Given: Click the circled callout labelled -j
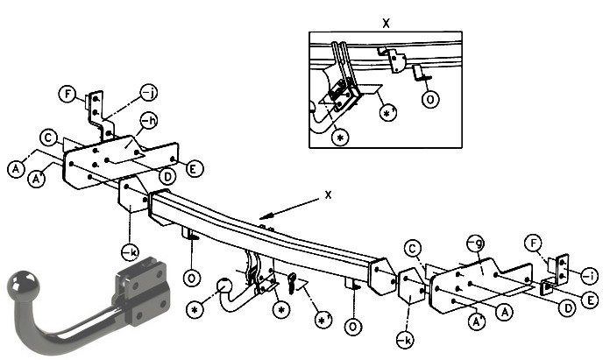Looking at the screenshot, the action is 149,93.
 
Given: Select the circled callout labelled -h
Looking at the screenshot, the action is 148,121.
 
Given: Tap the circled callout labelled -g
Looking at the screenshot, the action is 476,244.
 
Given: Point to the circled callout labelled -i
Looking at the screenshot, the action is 590,276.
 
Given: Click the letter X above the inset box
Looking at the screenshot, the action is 386,24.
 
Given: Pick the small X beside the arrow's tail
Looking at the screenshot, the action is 329,194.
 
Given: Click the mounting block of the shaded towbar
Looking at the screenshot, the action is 142,290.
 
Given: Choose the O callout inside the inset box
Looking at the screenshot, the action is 430,100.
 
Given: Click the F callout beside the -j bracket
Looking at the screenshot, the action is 68,94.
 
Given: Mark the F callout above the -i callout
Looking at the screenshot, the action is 533,244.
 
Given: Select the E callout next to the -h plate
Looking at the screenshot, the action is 195,169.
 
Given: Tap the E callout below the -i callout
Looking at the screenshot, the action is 590,300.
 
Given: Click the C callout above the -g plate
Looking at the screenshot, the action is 413,249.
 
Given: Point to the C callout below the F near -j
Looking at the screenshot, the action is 48,138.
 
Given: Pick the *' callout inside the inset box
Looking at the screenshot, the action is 388,113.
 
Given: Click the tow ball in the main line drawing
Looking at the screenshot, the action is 225,286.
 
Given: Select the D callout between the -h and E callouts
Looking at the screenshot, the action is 167,177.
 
